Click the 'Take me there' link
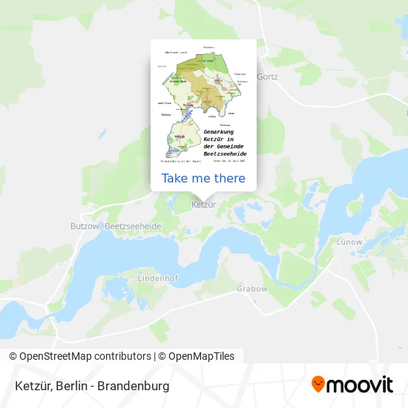pyautogui.click(x=203, y=178)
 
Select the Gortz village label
pyautogui.click(x=267, y=76)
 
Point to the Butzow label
pyautogui.click(x=84, y=226)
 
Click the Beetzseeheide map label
pyautogui.click(x=134, y=226)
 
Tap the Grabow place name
pyautogui.click(x=251, y=289)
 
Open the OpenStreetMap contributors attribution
pyautogui.click(x=81, y=356)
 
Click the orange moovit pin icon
pyautogui.click(x=318, y=384)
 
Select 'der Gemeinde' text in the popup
pyautogui.click(x=223, y=145)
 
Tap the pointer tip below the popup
pyautogui.click(x=203, y=195)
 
